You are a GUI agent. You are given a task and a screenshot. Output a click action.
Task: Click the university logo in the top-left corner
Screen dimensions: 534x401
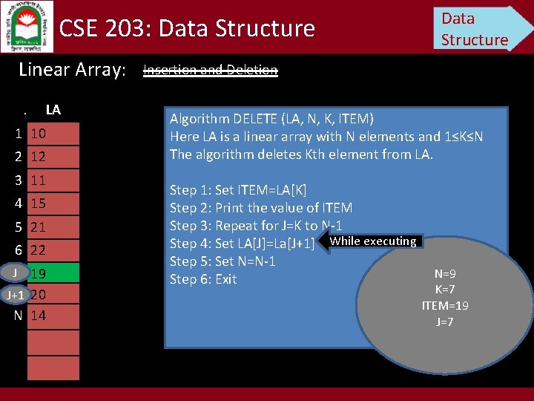[x=27, y=26]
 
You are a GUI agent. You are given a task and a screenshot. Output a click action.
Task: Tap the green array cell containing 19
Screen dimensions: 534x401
[x=53, y=273]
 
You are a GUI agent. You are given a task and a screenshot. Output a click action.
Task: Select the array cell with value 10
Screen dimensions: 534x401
[x=53, y=134]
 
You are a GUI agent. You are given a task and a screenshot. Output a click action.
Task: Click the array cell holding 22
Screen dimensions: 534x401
[x=53, y=250]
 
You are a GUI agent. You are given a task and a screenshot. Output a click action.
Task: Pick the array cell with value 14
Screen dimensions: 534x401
[x=53, y=316]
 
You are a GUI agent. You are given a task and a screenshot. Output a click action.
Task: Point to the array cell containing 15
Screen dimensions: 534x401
[x=53, y=203]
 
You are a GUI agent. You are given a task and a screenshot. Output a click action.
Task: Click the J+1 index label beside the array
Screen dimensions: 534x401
[x=15, y=295]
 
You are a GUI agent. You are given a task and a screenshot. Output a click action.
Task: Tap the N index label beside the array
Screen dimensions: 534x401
[x=18, y=316]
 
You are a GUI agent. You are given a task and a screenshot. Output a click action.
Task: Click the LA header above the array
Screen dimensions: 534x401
[x=53, y=110]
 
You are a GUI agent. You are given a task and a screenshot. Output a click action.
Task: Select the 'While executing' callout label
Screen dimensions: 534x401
[x=372, y=241]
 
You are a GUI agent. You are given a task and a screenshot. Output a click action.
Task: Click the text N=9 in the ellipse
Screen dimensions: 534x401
[x=445, y=274]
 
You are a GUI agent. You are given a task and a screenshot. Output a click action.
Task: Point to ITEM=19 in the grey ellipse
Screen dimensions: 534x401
[x=445, y=305]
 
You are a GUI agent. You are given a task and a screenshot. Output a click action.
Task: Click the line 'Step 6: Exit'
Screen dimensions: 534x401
[x=203, y=279]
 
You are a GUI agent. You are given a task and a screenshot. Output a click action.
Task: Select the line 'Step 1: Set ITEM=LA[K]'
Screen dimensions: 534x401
[x=238, y=190]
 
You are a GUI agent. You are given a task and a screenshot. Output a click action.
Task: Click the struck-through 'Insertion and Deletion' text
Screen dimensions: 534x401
[x=210, y=71]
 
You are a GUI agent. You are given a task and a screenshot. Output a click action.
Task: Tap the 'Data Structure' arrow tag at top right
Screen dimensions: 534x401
[x=478, y=29]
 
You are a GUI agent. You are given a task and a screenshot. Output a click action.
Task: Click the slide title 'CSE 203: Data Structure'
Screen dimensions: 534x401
[x=187, y=29]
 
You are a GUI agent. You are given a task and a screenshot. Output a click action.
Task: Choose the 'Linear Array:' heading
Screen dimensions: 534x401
[x=72, y=71]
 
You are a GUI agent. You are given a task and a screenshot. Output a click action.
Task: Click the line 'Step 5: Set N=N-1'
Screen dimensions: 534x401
[x=222, y=261]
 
